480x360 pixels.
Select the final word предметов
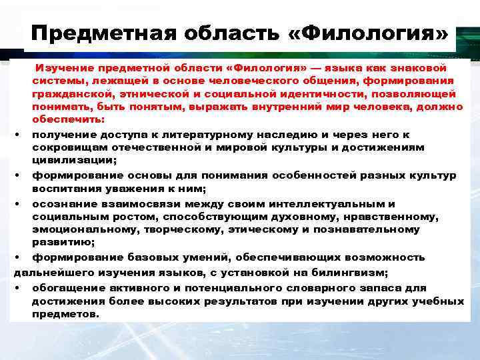[x=65, y=313]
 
